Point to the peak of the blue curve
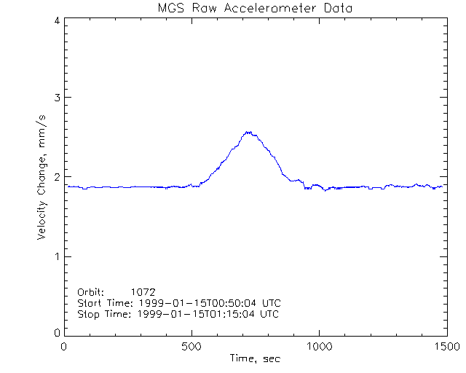[x=248, y=133]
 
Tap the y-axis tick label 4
[x=56, y=20]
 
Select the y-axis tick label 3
[x=56, y=98]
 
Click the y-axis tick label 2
[x=56, y=177]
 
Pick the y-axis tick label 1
[x=56, y=256]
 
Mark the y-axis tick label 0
[x=56, y=332]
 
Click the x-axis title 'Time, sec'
[x=255, y=358]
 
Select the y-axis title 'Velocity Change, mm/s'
[x=42, y=178]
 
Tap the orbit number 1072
[x=143, y=292]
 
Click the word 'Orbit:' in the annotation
[x=92, y=292]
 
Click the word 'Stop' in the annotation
[x=88, y=314]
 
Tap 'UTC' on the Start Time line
[x=271, y=303]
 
